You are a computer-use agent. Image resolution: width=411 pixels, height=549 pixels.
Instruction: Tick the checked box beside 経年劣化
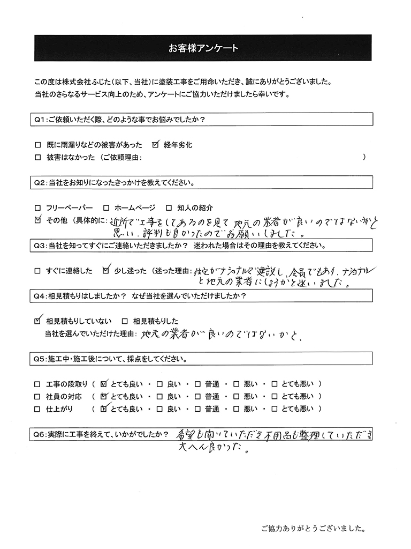pos(156,145)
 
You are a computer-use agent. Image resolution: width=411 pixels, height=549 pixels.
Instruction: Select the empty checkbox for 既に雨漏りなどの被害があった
pos(37,145)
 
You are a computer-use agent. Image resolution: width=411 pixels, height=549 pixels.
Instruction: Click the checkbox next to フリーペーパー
pos(37,207)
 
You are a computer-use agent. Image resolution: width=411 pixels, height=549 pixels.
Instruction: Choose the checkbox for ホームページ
pos(106,207)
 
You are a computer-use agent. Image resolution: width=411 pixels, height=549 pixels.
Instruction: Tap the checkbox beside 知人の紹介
pos(168,207)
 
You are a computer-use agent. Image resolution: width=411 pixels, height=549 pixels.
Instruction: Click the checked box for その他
pos(37,220)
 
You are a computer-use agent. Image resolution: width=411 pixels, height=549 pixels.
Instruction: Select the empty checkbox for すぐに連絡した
pos(37,271)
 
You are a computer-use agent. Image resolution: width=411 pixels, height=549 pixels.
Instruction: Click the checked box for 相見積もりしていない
pos(37,321)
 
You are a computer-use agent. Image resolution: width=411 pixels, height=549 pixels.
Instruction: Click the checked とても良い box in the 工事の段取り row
pos(104,384)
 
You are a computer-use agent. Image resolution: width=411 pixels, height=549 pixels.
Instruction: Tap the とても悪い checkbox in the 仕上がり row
pos(275,409)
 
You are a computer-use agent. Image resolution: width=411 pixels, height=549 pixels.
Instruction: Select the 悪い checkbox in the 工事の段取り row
pos(236,384)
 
